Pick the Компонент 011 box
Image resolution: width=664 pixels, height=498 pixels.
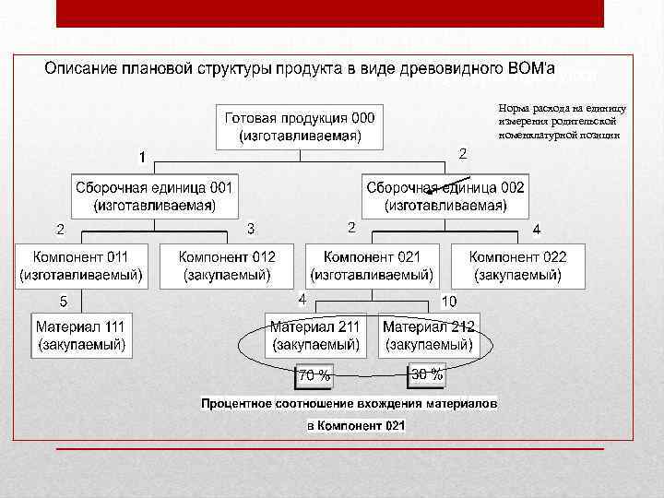pos(81,265)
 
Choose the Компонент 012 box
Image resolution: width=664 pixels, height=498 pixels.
pos(227,265)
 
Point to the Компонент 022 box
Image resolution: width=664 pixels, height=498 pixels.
pos(517,265)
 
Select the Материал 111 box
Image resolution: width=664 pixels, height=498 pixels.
pos(81,335)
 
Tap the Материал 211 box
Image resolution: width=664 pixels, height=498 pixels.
pos(314,335)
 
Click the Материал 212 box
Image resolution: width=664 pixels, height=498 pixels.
pos(429,335)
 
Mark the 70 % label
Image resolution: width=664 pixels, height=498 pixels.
pos(314,374)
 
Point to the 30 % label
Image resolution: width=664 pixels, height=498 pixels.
pos(426,373)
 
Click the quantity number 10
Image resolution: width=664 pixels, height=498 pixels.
pos(449,302)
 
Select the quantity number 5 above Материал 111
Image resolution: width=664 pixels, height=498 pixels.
pos(63,301)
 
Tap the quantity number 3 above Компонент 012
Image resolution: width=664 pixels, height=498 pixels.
pos(251,228)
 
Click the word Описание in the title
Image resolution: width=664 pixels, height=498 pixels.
pos(82,68)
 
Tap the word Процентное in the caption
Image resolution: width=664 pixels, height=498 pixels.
pos(241,404)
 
